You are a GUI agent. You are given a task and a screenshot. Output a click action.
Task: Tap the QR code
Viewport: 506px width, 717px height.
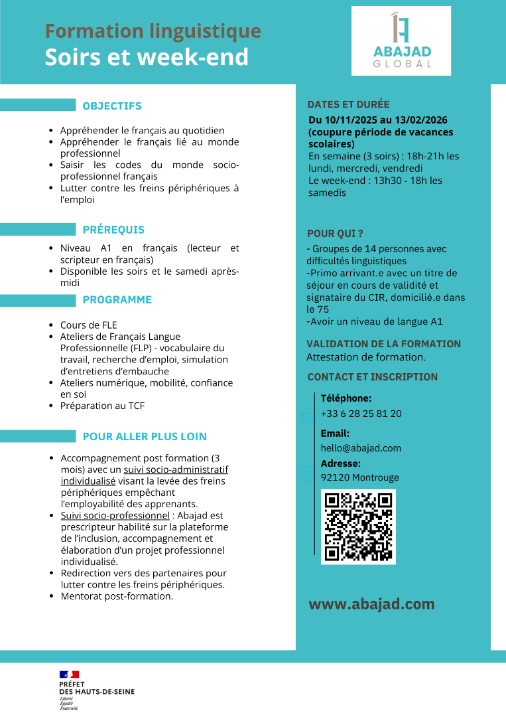point(358,526)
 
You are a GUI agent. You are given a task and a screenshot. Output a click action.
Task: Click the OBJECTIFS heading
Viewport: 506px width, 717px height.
point(112,106)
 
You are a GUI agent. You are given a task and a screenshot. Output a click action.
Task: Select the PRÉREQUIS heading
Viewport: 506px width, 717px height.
point(113,230)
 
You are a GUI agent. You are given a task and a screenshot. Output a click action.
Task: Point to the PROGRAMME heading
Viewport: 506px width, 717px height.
point(117,299)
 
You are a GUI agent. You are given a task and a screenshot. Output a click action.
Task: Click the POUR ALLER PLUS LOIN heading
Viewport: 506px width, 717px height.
point(145,436)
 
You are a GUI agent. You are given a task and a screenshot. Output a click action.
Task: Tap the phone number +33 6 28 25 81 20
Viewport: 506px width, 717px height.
point(361,414)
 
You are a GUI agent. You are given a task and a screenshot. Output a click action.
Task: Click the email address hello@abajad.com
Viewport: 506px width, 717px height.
point(361,448)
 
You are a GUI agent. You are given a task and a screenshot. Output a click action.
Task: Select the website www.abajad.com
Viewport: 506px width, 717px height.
point(371,604)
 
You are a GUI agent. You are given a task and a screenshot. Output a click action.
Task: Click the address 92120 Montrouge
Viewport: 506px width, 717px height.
point(359,477)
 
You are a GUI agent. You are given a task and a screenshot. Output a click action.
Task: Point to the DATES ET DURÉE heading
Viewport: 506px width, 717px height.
point(348,104)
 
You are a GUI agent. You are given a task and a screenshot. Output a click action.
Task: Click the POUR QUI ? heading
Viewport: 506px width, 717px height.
point(335,234)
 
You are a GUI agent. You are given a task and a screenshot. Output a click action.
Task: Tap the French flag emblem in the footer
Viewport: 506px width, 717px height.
point(69,675)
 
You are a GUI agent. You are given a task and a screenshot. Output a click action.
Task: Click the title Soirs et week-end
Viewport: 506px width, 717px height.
point(147,57)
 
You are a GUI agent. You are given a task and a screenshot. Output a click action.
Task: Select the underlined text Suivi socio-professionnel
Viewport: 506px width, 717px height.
point(115,515)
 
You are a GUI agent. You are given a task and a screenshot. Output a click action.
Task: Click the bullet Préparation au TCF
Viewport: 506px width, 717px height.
point(102,406)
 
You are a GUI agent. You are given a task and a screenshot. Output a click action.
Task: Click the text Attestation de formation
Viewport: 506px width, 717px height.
point(365,357)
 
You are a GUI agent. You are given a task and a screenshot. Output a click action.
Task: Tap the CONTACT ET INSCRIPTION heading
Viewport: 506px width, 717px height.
point(372,376)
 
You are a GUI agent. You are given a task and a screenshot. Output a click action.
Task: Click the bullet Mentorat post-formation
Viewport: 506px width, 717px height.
point(117,596)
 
